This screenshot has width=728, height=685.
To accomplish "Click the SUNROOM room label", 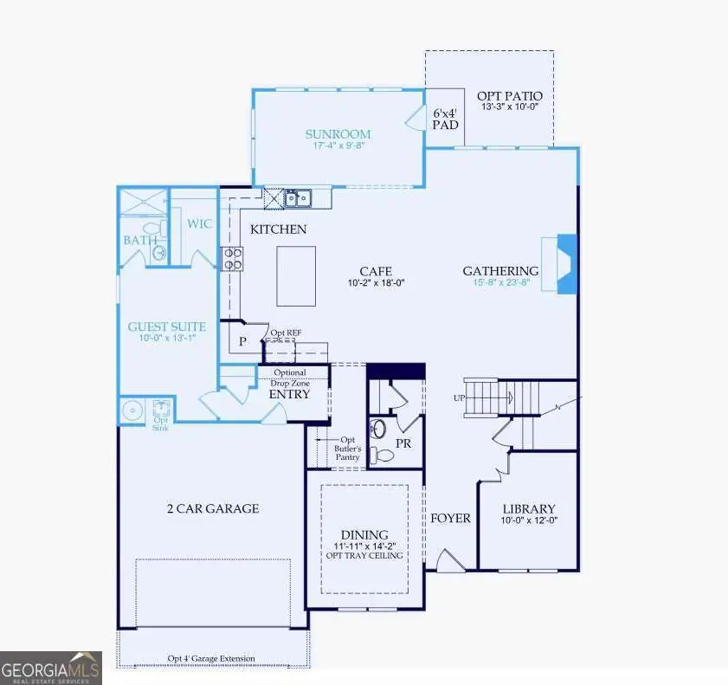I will point(338,134).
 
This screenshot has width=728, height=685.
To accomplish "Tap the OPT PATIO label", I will point(510,96).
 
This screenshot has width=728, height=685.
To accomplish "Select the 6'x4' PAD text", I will point(445,118).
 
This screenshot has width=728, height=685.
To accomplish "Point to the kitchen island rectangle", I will point(296,275).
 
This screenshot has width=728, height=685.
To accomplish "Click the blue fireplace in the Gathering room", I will point(566,264).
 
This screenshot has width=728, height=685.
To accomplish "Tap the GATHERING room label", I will point(500,271).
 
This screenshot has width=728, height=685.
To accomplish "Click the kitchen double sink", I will point(300,199).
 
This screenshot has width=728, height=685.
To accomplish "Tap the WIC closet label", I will point(200,224).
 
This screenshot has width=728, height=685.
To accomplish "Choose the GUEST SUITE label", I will point(167,326).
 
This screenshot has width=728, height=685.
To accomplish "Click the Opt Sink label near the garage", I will point(161,423).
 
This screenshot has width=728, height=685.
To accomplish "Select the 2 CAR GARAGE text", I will point(213,509).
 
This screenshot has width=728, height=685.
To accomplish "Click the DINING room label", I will point(364,535).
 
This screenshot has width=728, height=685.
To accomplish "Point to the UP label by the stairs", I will point(460,397).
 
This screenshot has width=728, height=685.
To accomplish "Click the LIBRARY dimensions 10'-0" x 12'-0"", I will point(529,521).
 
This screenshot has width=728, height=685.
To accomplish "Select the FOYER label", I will point(450,518).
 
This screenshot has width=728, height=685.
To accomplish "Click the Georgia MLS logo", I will point(51,668).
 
